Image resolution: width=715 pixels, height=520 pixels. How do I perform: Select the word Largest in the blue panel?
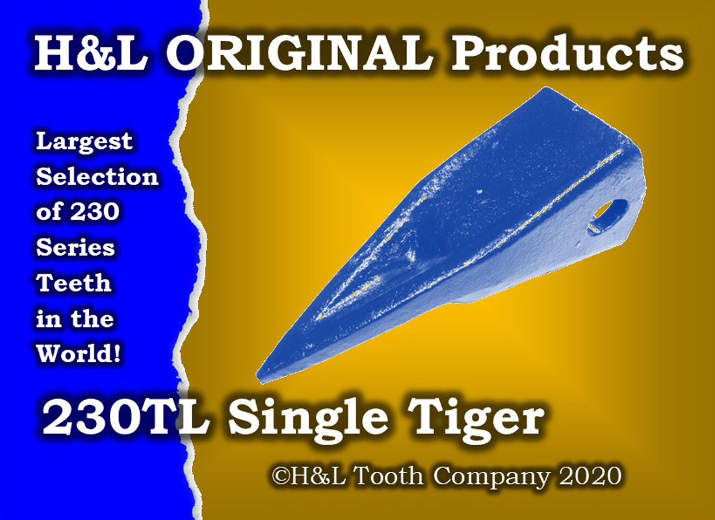coord(84,142)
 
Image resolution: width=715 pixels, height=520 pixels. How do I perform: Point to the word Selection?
coord(97,176)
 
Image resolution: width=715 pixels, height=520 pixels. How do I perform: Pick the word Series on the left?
coord(75,247)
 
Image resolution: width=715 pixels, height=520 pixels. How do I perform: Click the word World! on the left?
coord(79,353)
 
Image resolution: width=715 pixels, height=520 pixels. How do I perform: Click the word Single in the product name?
coord(308,421)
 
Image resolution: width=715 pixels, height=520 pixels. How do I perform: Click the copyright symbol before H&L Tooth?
coord(280,476)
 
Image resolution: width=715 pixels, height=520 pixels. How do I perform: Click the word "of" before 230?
coord(49,212)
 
